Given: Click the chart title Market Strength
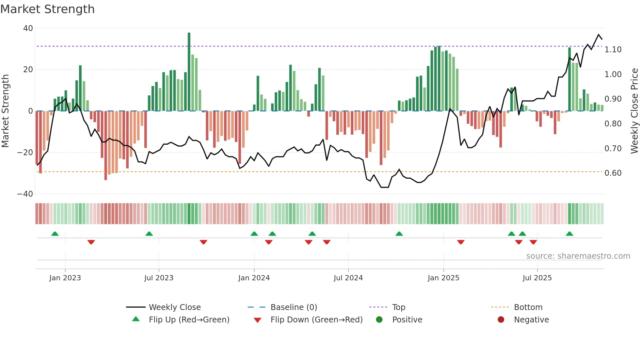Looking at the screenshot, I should coord(47,9).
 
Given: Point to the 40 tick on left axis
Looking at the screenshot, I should coord(28,28).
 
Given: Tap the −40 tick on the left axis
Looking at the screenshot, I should coord(25,194).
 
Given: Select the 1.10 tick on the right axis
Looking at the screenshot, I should coord(613,50).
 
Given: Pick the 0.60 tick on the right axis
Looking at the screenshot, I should coord(613,173).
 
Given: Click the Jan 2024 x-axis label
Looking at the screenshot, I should coord(254,278).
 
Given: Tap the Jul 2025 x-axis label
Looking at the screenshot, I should coord(537,278).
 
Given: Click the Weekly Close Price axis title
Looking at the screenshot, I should coord(634,111).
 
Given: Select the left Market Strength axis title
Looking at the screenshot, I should coord(6,111).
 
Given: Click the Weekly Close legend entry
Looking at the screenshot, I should coord(175,307).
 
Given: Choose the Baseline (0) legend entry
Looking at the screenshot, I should coord(294,307).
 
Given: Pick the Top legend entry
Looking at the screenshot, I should coord(398,307).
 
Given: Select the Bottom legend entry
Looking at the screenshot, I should coord(528,307).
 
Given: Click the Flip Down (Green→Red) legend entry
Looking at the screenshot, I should coord(316,320).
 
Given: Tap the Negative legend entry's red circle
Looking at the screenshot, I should coord(501,320).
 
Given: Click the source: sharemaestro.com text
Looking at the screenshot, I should coord(578,256).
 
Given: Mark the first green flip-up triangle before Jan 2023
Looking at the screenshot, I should coord(55,234).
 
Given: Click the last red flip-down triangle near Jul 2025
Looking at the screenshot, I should coord(533,242).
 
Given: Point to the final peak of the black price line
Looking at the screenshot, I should coord(599,35).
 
